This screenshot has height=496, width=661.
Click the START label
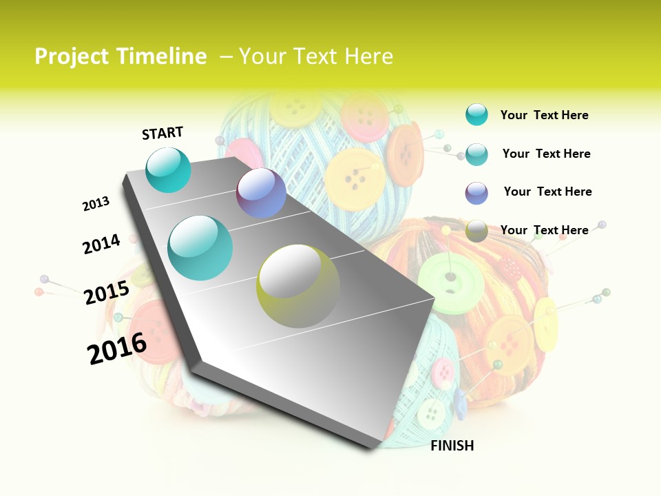pos(162,133)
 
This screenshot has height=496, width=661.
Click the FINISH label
pos(452,446)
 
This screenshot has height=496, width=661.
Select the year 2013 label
pos(96,204)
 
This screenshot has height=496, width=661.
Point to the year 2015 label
pos(106,293)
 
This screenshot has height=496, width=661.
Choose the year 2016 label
pos(117,349)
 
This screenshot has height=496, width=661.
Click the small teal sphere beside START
pos(168,169)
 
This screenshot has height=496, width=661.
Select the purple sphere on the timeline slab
pos(261,194)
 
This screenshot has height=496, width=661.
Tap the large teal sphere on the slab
pos(200,248)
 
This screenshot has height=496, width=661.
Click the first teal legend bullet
pos(476,115)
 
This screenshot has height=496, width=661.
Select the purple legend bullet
pos(476,192)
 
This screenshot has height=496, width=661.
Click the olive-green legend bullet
pos(476,230)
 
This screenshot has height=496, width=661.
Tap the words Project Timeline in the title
pos(120,56)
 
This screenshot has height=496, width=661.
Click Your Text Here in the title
pos(315,56)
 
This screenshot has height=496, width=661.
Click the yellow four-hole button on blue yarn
pos(354,179)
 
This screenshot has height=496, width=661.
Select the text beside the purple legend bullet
pos(547,192)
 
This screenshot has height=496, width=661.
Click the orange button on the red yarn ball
pos(508,344)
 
